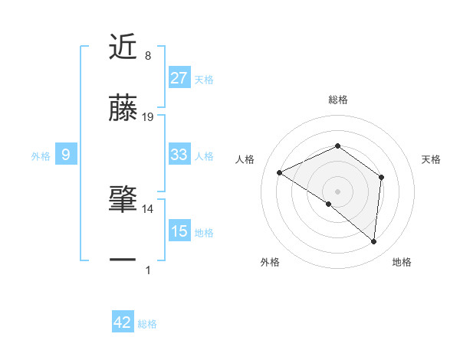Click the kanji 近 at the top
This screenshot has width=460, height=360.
pos(123,47)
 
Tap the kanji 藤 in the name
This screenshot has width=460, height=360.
pos(123,108)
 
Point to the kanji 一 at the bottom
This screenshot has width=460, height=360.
pos(123,260)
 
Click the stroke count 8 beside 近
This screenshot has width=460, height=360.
pos(147,56)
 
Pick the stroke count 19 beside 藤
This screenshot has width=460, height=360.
pos(148,117)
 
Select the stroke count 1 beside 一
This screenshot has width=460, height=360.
pos(147,270)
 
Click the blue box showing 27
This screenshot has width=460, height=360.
pos(179,78)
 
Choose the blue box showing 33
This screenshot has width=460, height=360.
pos(179,155)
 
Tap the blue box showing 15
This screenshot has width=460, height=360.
pos(179,231)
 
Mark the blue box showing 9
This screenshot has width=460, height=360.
pos(66,155)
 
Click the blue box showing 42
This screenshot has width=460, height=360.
pos(123,322)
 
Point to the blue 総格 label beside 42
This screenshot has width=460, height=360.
pos(147,324)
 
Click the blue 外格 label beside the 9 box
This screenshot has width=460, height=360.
pos(41,156)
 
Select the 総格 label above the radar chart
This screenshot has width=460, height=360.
pos(337,100)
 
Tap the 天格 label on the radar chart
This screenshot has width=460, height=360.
pos(431,159)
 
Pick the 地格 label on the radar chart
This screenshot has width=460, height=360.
pos(402,262)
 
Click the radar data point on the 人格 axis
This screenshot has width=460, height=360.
pos(280,172)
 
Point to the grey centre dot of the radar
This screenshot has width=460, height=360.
pos(337,191)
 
